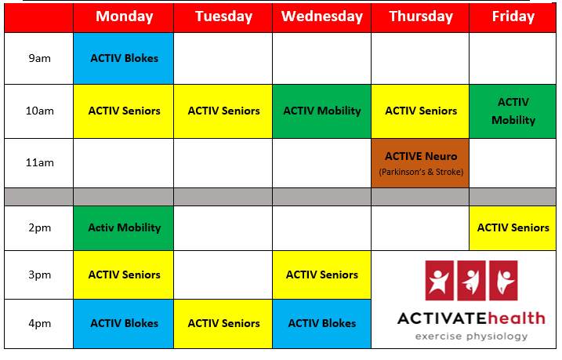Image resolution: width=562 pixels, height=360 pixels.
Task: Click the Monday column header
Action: pyautogui.click(x=124, y=16)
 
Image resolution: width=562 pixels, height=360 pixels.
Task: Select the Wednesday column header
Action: pyautogui.click(x=322, y=16)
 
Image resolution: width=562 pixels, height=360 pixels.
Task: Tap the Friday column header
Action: pyautogui.click(x=513, y=16)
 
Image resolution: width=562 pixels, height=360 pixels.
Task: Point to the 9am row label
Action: pyautogui.click(x=39, y=59)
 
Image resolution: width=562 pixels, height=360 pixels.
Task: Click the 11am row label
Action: pyautogui.click(x=39, y=163)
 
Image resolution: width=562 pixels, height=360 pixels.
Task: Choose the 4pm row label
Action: pyautogui.click(x=39, y=323)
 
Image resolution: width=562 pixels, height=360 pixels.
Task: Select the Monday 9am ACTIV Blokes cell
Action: pyautogui.click(x=124, y=59)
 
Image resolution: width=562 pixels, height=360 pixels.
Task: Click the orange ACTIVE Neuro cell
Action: pyautogui.click(x=420, y=163)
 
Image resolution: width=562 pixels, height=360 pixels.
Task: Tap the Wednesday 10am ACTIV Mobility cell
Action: pyautogui.click(x=322, y=111)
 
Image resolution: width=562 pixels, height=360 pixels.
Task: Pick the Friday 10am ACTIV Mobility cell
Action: pyautogui.click(x=513, y=111)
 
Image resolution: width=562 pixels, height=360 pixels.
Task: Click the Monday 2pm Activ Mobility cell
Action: pyautogui.click(x=124, y=228)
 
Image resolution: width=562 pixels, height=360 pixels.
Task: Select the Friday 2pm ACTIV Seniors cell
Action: pyautogui.click(x=513, y=228)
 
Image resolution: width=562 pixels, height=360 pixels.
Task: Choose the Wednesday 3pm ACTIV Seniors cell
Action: pyautogui.click(x=322, y=275)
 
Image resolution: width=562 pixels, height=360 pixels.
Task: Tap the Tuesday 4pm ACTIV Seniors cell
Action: pyautogui.click(x=223, y=324)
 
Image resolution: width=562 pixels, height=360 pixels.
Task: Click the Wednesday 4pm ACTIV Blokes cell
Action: pyautogui.click(x=322, y=324)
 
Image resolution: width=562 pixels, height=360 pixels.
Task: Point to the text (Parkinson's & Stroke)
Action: pyautogui.click(x=421, y=172)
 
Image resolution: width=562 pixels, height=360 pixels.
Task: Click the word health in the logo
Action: pyautogui.click(x=516, y=318)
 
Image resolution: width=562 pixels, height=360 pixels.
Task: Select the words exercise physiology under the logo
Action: pyautogui.click(x=471, y=336)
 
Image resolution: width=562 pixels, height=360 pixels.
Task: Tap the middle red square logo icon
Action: pyautogui.click(x=471, y=281)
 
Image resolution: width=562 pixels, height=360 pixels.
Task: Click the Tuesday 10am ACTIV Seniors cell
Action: pyautogui.click(x=223, y=111)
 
